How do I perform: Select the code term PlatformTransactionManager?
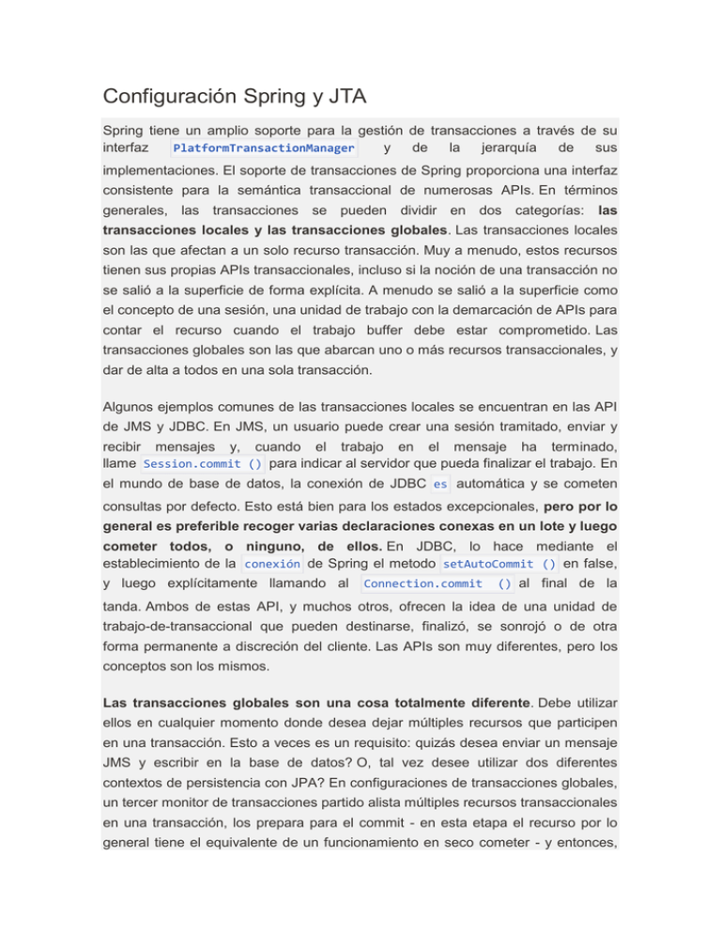click(264, 148)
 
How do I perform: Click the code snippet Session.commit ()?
click(203, 463)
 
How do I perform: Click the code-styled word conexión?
click(272, 564)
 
